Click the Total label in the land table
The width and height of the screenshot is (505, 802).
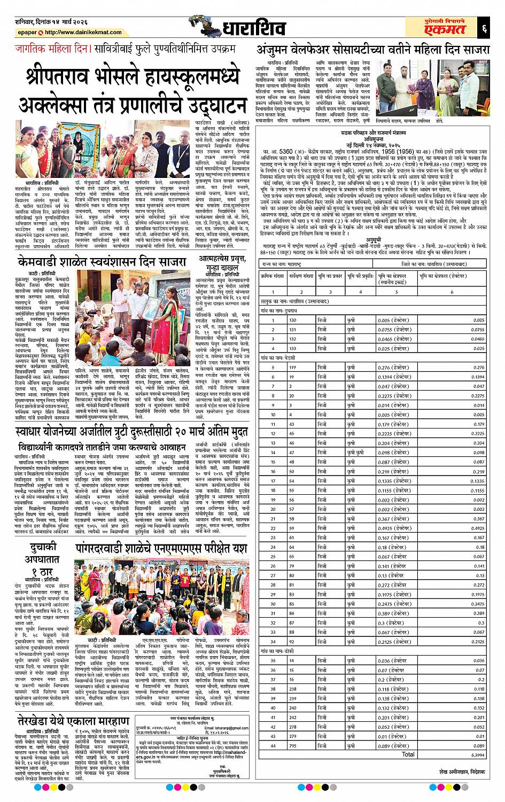(408, 754)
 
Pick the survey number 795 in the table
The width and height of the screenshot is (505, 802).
(292, 745)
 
